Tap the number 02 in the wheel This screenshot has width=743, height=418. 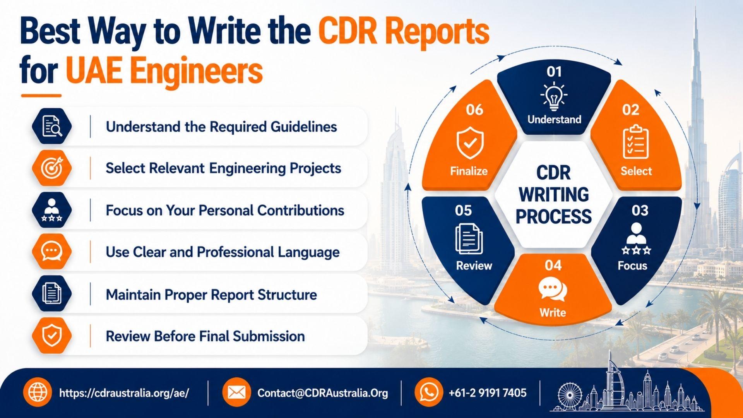click(630, 110)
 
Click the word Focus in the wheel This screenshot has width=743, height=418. click(632, 266)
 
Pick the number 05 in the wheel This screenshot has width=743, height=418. click(463, 211)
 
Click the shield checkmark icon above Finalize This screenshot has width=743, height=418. click(470, 143)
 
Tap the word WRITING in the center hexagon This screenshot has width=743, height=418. click(554, 194)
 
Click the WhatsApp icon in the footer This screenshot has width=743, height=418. click(429, 392)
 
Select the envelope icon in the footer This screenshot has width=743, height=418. click(236, 392)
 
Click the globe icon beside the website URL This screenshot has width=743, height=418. click(38, 392)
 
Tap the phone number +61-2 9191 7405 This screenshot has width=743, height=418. click(488, 393)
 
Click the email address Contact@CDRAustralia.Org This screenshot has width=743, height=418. click(323, 393)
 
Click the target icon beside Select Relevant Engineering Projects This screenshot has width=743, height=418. click(52, 168)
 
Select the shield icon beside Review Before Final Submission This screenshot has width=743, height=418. click(52, 336)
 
